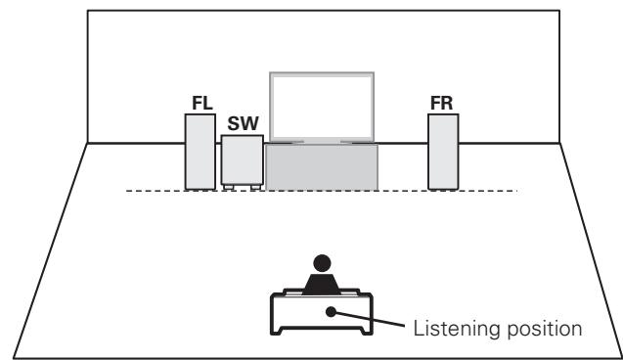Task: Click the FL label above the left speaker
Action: [x=200, y=102]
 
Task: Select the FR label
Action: [x=442, y=102]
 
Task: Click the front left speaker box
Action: [x=200, y=151]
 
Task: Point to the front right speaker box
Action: [x=443, y=151]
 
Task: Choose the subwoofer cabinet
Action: [x=242, y=157]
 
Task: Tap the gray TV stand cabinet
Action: [x=321, y=167]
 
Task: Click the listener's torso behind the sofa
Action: [x=322, y=284]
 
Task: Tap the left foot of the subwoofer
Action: [x=228, y=187]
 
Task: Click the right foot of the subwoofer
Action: [x=255, y=187]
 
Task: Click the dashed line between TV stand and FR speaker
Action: [x=402, y=191]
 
